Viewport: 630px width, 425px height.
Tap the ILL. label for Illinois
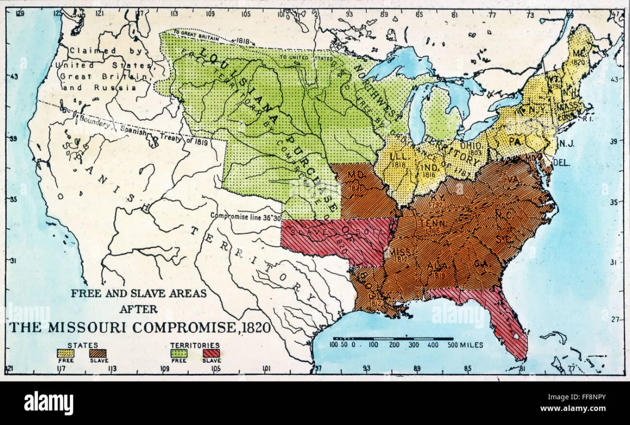pos(399,156)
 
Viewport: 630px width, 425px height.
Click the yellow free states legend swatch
pos(66,354)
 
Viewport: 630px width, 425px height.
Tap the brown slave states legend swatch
pos(98,354)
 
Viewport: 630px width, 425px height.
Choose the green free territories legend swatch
pos(179,354)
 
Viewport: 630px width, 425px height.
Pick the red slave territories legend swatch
pos(211,354)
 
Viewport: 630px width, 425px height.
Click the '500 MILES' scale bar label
pos(463,345)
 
